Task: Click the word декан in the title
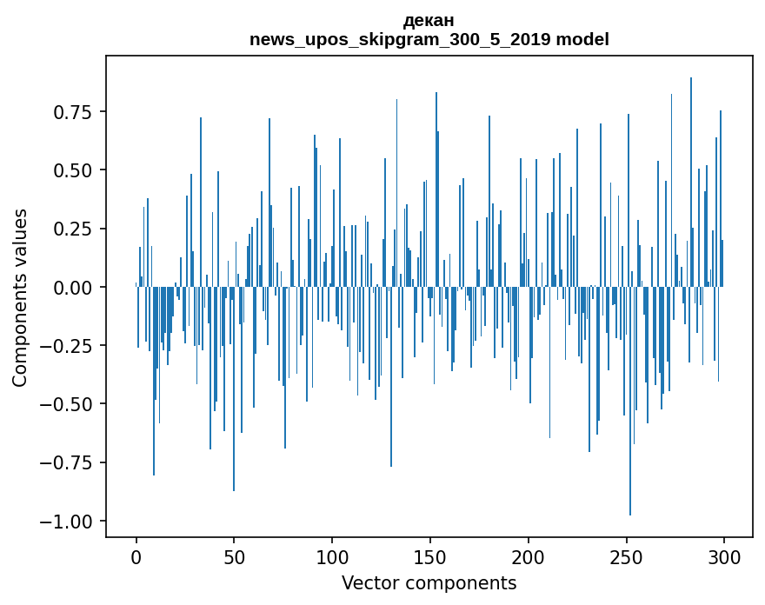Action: click(429, 20)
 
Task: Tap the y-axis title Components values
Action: click(20, 297)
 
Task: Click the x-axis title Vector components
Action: click(429, 582)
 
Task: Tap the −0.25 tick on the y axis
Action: click(70, 346)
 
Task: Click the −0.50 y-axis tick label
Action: click(70, 404)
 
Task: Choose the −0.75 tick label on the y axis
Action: click(70, 462)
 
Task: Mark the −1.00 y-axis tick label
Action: click(70, 521)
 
